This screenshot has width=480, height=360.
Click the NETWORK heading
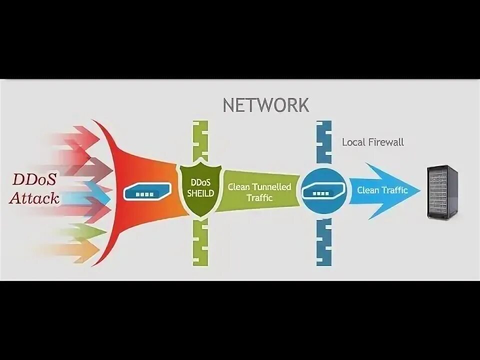[265, 105]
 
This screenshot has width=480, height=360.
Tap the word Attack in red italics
[34, 198]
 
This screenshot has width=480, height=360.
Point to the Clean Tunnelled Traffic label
[259, 192]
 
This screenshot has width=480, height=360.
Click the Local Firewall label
[372, 142]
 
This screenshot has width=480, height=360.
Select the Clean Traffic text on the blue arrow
[382, 190]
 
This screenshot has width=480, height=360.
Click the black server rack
[442, 192]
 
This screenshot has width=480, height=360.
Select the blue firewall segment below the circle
[324, 240]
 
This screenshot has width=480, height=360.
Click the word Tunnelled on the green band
[272, 187]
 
